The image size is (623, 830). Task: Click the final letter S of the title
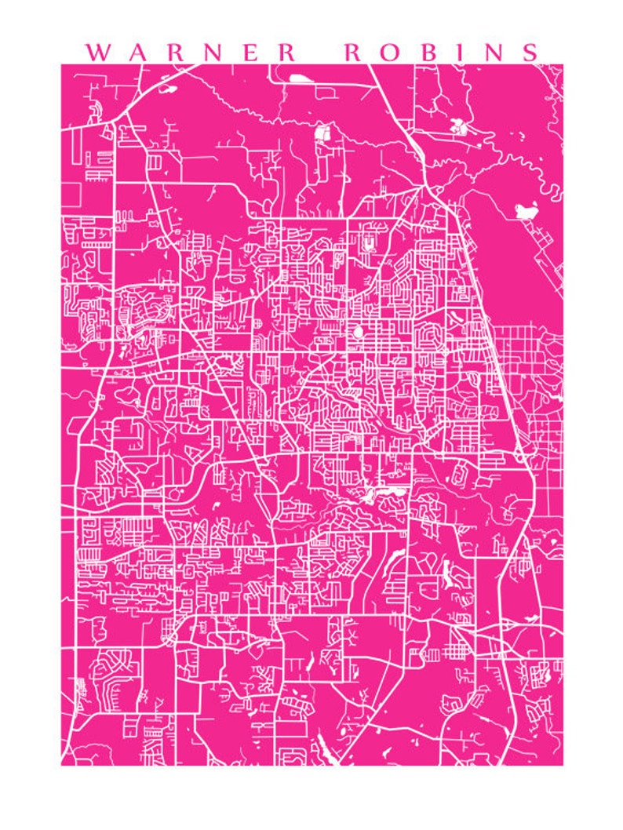532,53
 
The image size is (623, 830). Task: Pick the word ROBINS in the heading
443,53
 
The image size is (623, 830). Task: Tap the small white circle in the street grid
359,333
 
